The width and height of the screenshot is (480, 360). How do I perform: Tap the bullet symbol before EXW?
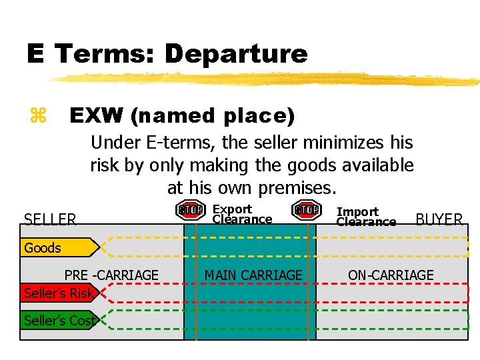(x=39, y=116)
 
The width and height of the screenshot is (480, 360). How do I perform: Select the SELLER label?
(x=50, y=219)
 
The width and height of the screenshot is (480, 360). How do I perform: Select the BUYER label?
(x=439, y=219)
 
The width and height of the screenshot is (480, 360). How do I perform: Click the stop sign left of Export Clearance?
(x=191, y=210)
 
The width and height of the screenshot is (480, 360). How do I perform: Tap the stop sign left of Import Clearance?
(x=306, y=210)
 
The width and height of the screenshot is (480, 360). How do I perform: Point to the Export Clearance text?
(x=241, y=214)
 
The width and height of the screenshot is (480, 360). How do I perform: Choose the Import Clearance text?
(x=365, y=217)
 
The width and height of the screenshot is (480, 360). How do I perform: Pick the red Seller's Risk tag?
(x=58, y=293)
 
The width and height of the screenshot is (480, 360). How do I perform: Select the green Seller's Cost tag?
(x=58, y=321)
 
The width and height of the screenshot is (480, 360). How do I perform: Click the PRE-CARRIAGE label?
(x=111, y=275)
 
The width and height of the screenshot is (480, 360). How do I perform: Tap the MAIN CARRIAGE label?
(x=253, y=275)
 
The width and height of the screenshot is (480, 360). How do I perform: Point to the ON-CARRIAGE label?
(x=391, y=275)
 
